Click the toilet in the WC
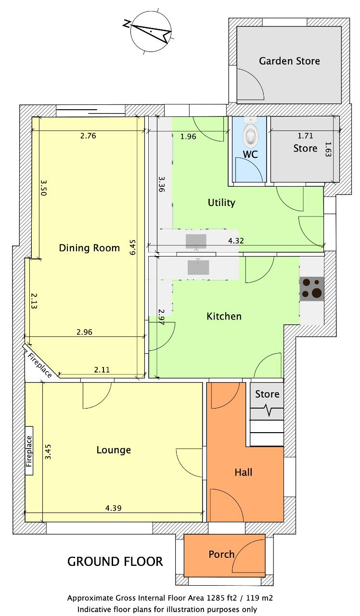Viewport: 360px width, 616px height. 250,133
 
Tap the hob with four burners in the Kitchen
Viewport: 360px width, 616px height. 311,289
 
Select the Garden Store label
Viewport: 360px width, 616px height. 289,61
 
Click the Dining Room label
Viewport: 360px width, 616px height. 90,248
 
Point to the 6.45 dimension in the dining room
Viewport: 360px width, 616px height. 132,247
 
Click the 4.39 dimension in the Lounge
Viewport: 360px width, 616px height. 113,508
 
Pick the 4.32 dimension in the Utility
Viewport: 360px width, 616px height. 236,241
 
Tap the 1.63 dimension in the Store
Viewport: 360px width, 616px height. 328,149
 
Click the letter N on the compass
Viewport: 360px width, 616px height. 127,24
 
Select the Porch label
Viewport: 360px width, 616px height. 221,554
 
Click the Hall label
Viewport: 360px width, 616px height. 244,473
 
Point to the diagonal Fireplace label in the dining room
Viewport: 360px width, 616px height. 39,365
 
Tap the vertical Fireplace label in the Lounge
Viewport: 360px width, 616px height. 29,451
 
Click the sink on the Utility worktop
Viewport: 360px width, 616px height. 196,242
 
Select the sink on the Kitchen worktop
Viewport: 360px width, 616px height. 198,267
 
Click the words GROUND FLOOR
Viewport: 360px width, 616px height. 115,562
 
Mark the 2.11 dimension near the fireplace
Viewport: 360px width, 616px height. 102,370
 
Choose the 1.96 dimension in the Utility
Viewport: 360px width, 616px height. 188,136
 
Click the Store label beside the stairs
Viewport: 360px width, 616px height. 267,394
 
